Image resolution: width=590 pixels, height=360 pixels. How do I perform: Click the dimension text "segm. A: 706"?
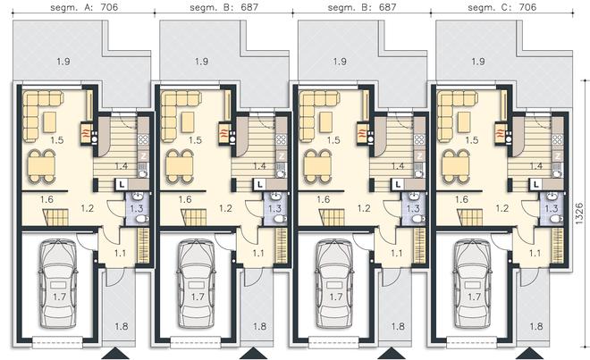[x=84, y=7]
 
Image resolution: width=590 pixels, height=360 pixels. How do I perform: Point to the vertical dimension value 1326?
[x=580, y=214]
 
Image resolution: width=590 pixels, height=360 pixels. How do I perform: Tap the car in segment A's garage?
[x=58, y=283]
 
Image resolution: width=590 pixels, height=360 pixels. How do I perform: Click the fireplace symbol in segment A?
[x=86, y=133]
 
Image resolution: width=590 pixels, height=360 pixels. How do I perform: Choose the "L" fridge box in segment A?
[x=122, y=184]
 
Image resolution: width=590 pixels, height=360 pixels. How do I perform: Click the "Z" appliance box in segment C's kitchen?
[x=558, y=155]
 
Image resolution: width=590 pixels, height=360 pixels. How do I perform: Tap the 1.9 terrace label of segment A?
[x=63, y=61]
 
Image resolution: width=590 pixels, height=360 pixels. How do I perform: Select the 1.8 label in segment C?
[x=536, y=326]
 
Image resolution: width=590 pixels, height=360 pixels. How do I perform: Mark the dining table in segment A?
[x=42, y=165]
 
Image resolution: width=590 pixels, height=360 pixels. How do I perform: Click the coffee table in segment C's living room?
[x=464, y=122]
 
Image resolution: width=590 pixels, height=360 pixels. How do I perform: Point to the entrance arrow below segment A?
[x=115, y=354]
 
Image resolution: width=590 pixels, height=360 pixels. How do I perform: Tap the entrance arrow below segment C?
[x=530, y=354]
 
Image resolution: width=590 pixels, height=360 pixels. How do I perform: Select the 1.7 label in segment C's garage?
[x=474, y=297]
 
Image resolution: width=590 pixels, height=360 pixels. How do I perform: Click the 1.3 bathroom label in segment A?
[x=137, y=207]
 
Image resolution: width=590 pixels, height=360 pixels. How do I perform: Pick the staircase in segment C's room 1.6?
[x=470, y=217]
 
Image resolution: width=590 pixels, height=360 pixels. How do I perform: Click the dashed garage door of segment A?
[x=57, y=341]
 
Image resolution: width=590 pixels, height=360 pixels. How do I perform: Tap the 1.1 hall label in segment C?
[x=535, y=253]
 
